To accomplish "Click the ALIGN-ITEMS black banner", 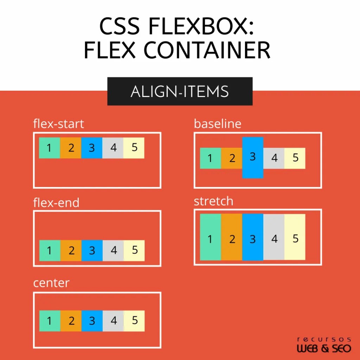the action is [180, 91].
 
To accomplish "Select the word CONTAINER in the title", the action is [207, 50].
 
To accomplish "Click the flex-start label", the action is [58, 124].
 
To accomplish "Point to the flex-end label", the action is [56, 202].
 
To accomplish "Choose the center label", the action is [51, 283].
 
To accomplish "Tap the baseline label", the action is [218, 124].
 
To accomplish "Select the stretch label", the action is [213, 201].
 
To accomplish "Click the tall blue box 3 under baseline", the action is [252, 157].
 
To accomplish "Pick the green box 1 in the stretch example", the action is [210, 237].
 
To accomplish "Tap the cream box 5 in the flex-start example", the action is [134, 148].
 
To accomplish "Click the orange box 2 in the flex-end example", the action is [71, 250].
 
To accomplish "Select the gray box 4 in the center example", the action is [113, 321].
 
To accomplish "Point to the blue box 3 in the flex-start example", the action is [92, 148].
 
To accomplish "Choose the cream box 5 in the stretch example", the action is [295, 237].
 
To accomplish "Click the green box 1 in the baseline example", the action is [210, 158].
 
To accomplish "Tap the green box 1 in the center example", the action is [50, 321].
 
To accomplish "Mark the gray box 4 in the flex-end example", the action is [113, 250].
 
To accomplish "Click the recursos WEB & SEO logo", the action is [324, 345].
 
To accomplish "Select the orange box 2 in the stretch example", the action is [232, 237].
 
